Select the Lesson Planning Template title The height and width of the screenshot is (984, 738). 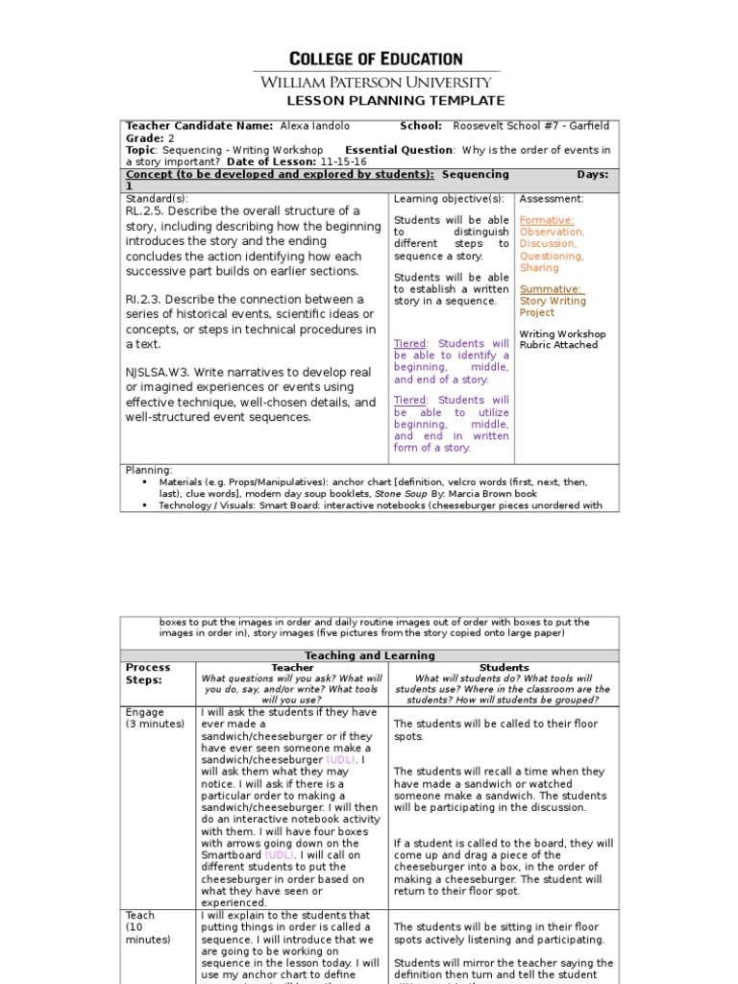click(396, 101)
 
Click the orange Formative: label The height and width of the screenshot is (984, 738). click(546, 220)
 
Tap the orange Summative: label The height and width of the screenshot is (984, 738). click(550, 289)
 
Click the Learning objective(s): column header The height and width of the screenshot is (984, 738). click(449, 199)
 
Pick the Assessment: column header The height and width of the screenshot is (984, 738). click(551, 199)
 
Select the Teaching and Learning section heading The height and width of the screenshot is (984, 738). click(369, 655)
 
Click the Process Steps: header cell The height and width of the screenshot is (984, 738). click(148, 674)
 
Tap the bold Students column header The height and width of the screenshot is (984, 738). click(504, 667)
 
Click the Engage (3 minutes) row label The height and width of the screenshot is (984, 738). click(155, 718)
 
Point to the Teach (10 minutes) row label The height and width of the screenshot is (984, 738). click(148, 927)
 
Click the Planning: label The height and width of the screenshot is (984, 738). click(149, 470)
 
